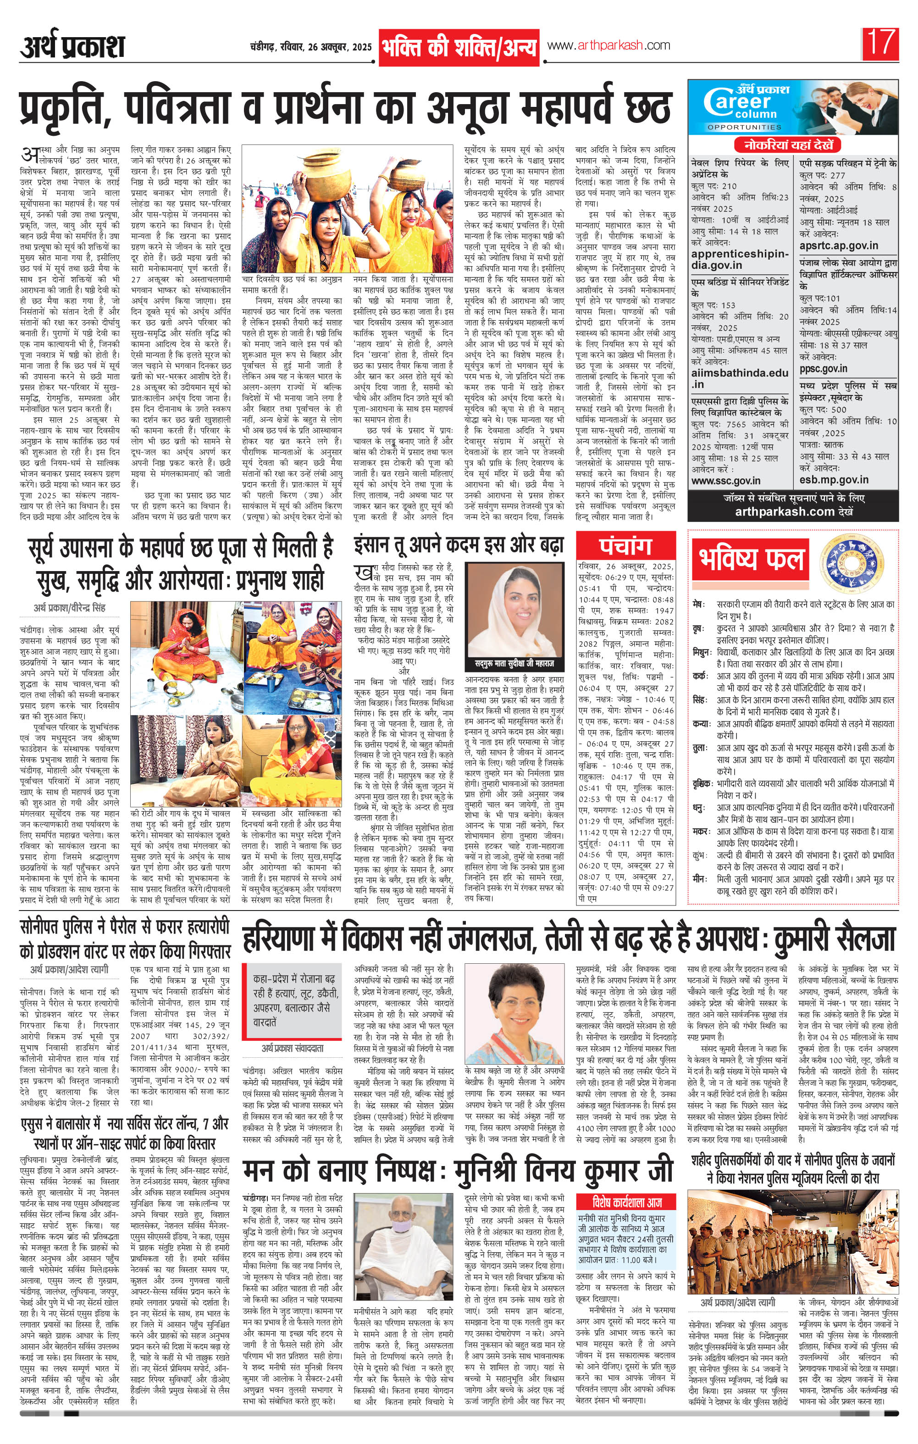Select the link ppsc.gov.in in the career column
(823, 368)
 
